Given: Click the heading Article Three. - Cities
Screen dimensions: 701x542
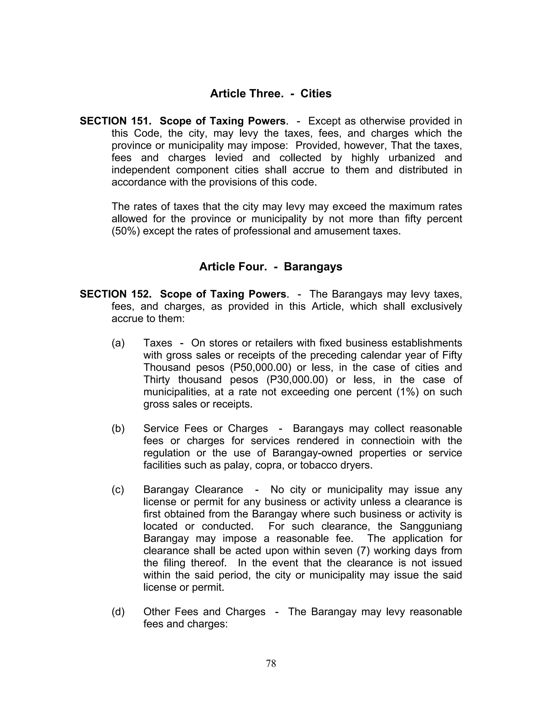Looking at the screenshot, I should (x=271, y=94).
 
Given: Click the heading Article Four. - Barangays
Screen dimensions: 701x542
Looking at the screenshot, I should (x=271, y=267).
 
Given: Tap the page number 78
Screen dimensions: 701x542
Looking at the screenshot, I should (x=271, y=663).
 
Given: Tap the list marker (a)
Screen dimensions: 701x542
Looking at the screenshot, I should (x=118, y=343).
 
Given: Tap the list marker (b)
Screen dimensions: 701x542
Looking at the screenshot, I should (x=118, y=429).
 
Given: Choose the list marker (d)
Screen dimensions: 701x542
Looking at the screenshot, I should (x=118, y=612).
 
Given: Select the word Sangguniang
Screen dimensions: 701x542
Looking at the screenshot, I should (x=431, y=526).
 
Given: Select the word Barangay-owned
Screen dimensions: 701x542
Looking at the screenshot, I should (x=312, y=453).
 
